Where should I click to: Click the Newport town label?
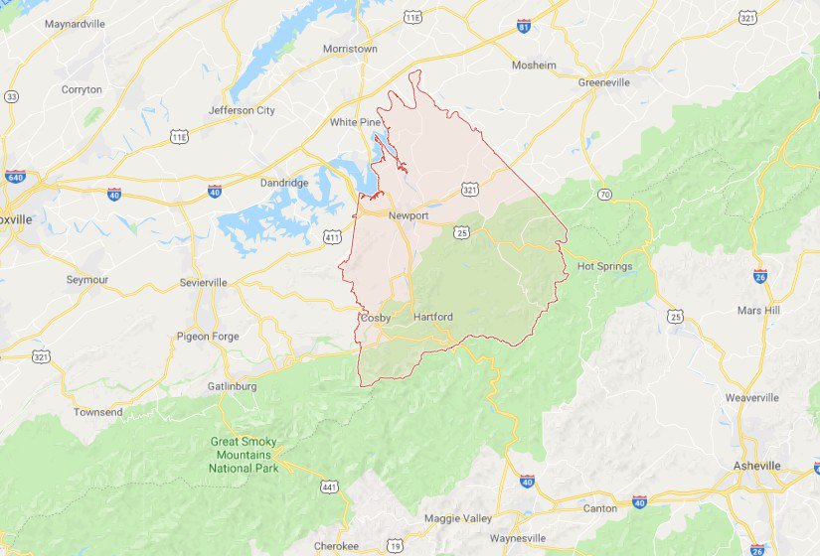[x=408, y=215]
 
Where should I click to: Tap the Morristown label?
[x=350, y=49]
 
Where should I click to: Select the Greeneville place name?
[x=603, y=82]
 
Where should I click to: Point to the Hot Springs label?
[x=604, y=266]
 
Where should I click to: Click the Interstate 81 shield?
[x=524, y=25]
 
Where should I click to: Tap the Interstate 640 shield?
[x=15, y=177]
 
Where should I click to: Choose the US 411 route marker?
[x=332, y=236]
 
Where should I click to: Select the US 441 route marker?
[x=329, y=486]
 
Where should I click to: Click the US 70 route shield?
[x=604, y=194]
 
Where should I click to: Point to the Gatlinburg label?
[x=233, y=386]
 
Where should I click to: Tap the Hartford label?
[x=432, y=317]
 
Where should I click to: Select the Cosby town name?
[x=376, y=318]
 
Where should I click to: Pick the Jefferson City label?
[x=242, y=110]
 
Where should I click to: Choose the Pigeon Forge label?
[x=208, y=337]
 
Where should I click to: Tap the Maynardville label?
[x=77, y=23]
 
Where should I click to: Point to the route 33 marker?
[x=11, y=96]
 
